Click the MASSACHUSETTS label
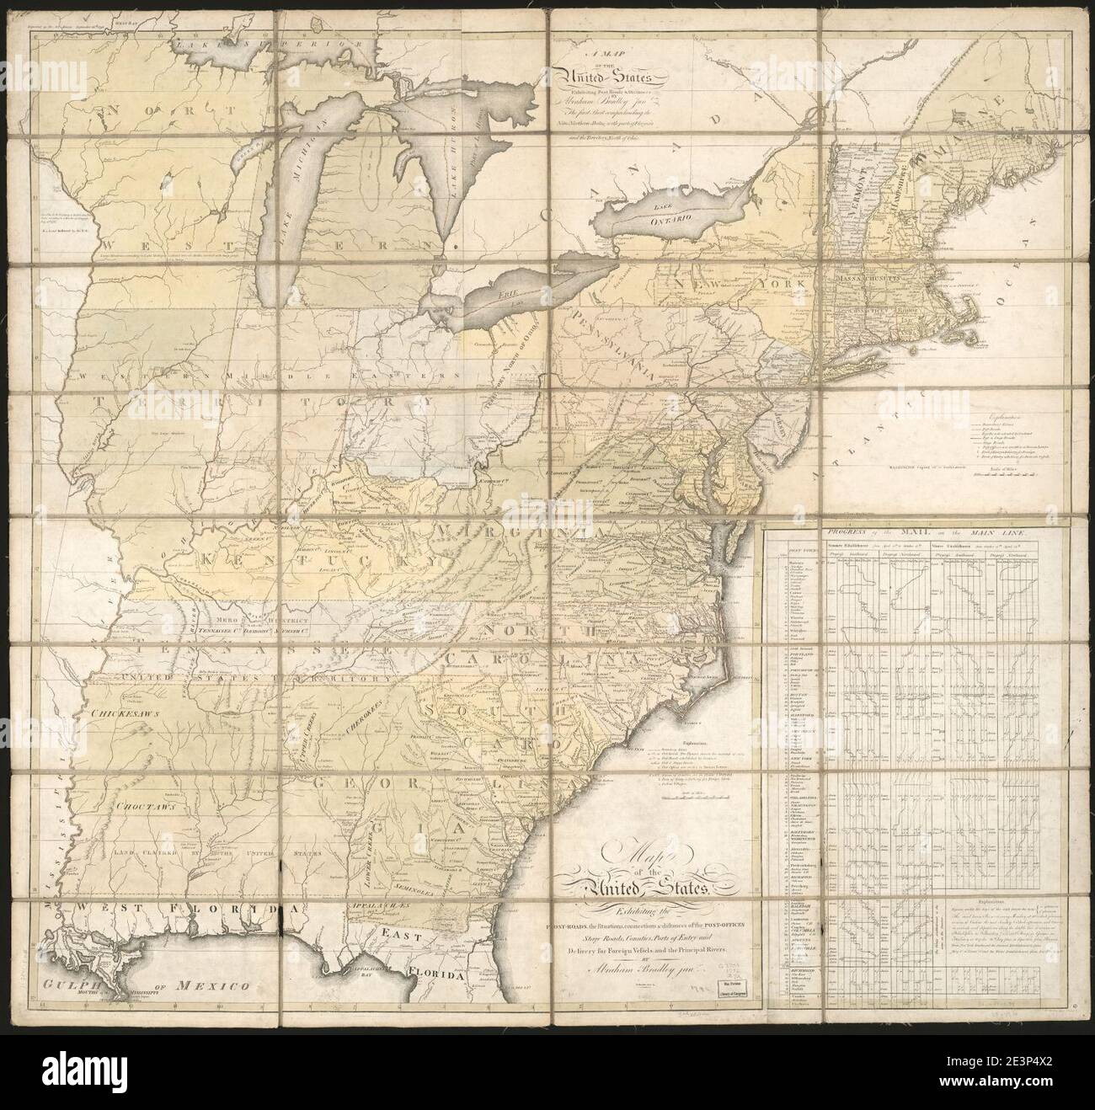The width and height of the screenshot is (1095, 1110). [x=869, y=275]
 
